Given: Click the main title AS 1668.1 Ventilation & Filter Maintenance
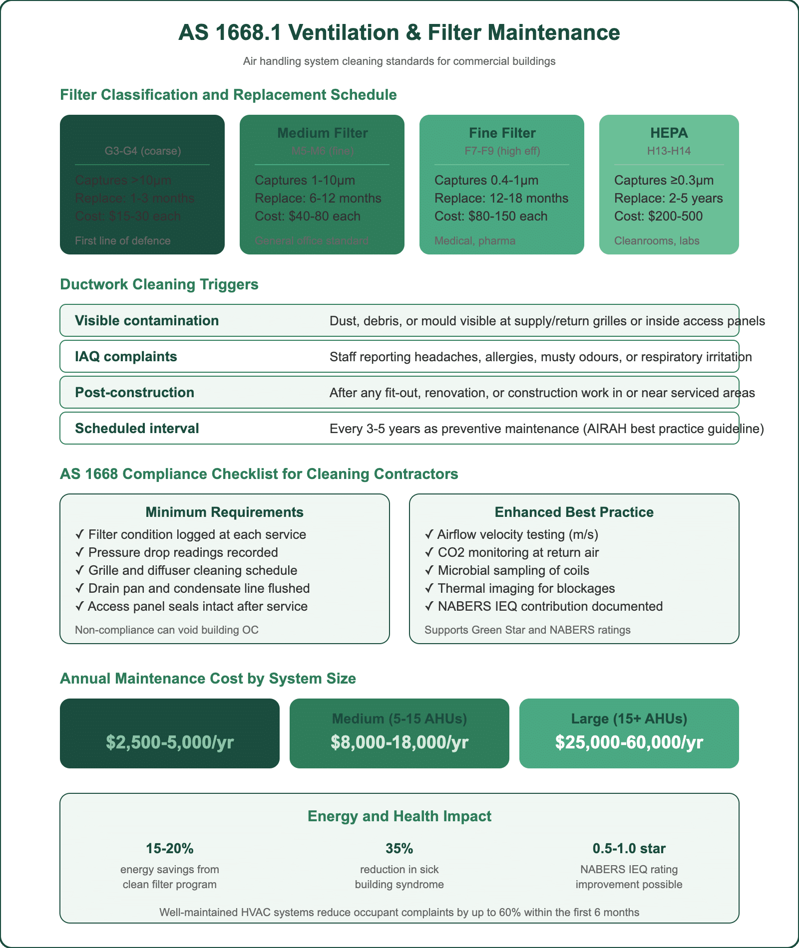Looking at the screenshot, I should pos(399,33).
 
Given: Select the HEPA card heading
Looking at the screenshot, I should pos(669,133).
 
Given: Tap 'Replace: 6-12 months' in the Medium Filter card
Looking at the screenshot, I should pos(318,199).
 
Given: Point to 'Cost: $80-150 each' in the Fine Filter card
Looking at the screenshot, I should pos(490,217).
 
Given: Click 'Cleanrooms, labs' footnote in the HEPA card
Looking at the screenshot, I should pos(656,241).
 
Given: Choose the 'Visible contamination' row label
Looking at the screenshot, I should pos(147,321).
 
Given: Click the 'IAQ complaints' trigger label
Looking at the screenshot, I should pos(126,357).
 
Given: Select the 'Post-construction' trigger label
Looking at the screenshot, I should pos(134,393).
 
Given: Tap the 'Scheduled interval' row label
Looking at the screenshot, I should pos(137,429).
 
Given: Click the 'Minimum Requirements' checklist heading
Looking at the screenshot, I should pos(224,512).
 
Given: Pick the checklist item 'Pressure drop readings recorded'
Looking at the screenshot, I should pos(183,553).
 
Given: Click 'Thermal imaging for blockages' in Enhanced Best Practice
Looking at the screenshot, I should pos(526,589).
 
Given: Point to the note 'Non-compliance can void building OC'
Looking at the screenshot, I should pos(167,630).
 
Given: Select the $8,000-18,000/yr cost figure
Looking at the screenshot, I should pos(399,742).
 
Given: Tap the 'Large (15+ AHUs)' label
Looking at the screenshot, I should pos(629,719).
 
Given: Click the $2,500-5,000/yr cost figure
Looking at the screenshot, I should pos(170,742).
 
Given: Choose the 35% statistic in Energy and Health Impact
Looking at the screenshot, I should pos(399,849).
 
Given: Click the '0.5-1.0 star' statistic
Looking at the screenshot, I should pos(629,849).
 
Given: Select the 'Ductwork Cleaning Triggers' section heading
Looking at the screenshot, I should pos(159,284).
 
